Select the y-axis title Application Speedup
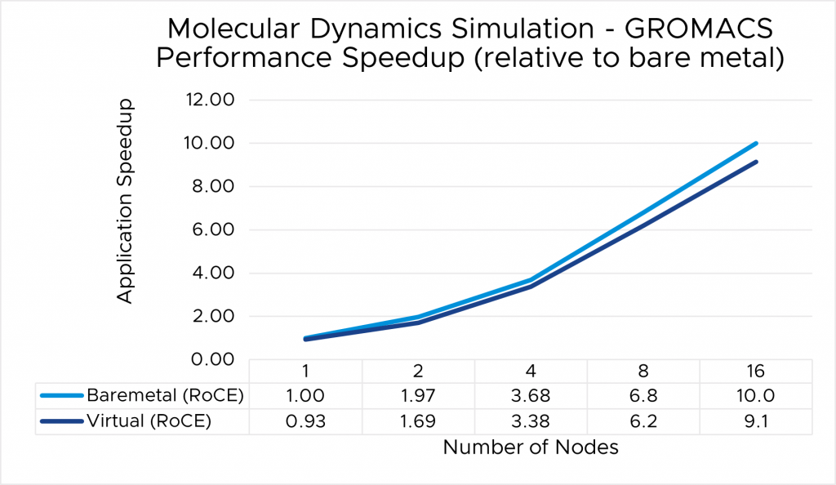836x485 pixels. [x=124, y=202]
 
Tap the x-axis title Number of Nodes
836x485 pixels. [x=531, y=447]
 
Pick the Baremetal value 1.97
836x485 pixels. [x=418, y=396]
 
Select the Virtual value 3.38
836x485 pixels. [x=531, y=421]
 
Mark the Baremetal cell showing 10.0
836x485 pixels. [x=756, y=396]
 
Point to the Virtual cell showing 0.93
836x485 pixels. [x=305, y=421]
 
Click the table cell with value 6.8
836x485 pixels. [x=643, y=396]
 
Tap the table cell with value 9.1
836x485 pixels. [x=756, y=421]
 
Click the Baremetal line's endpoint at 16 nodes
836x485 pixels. [x=757, y=144]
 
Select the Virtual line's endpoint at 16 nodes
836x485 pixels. [x=757, y=162]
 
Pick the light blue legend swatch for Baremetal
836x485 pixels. [x=62, y=396]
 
